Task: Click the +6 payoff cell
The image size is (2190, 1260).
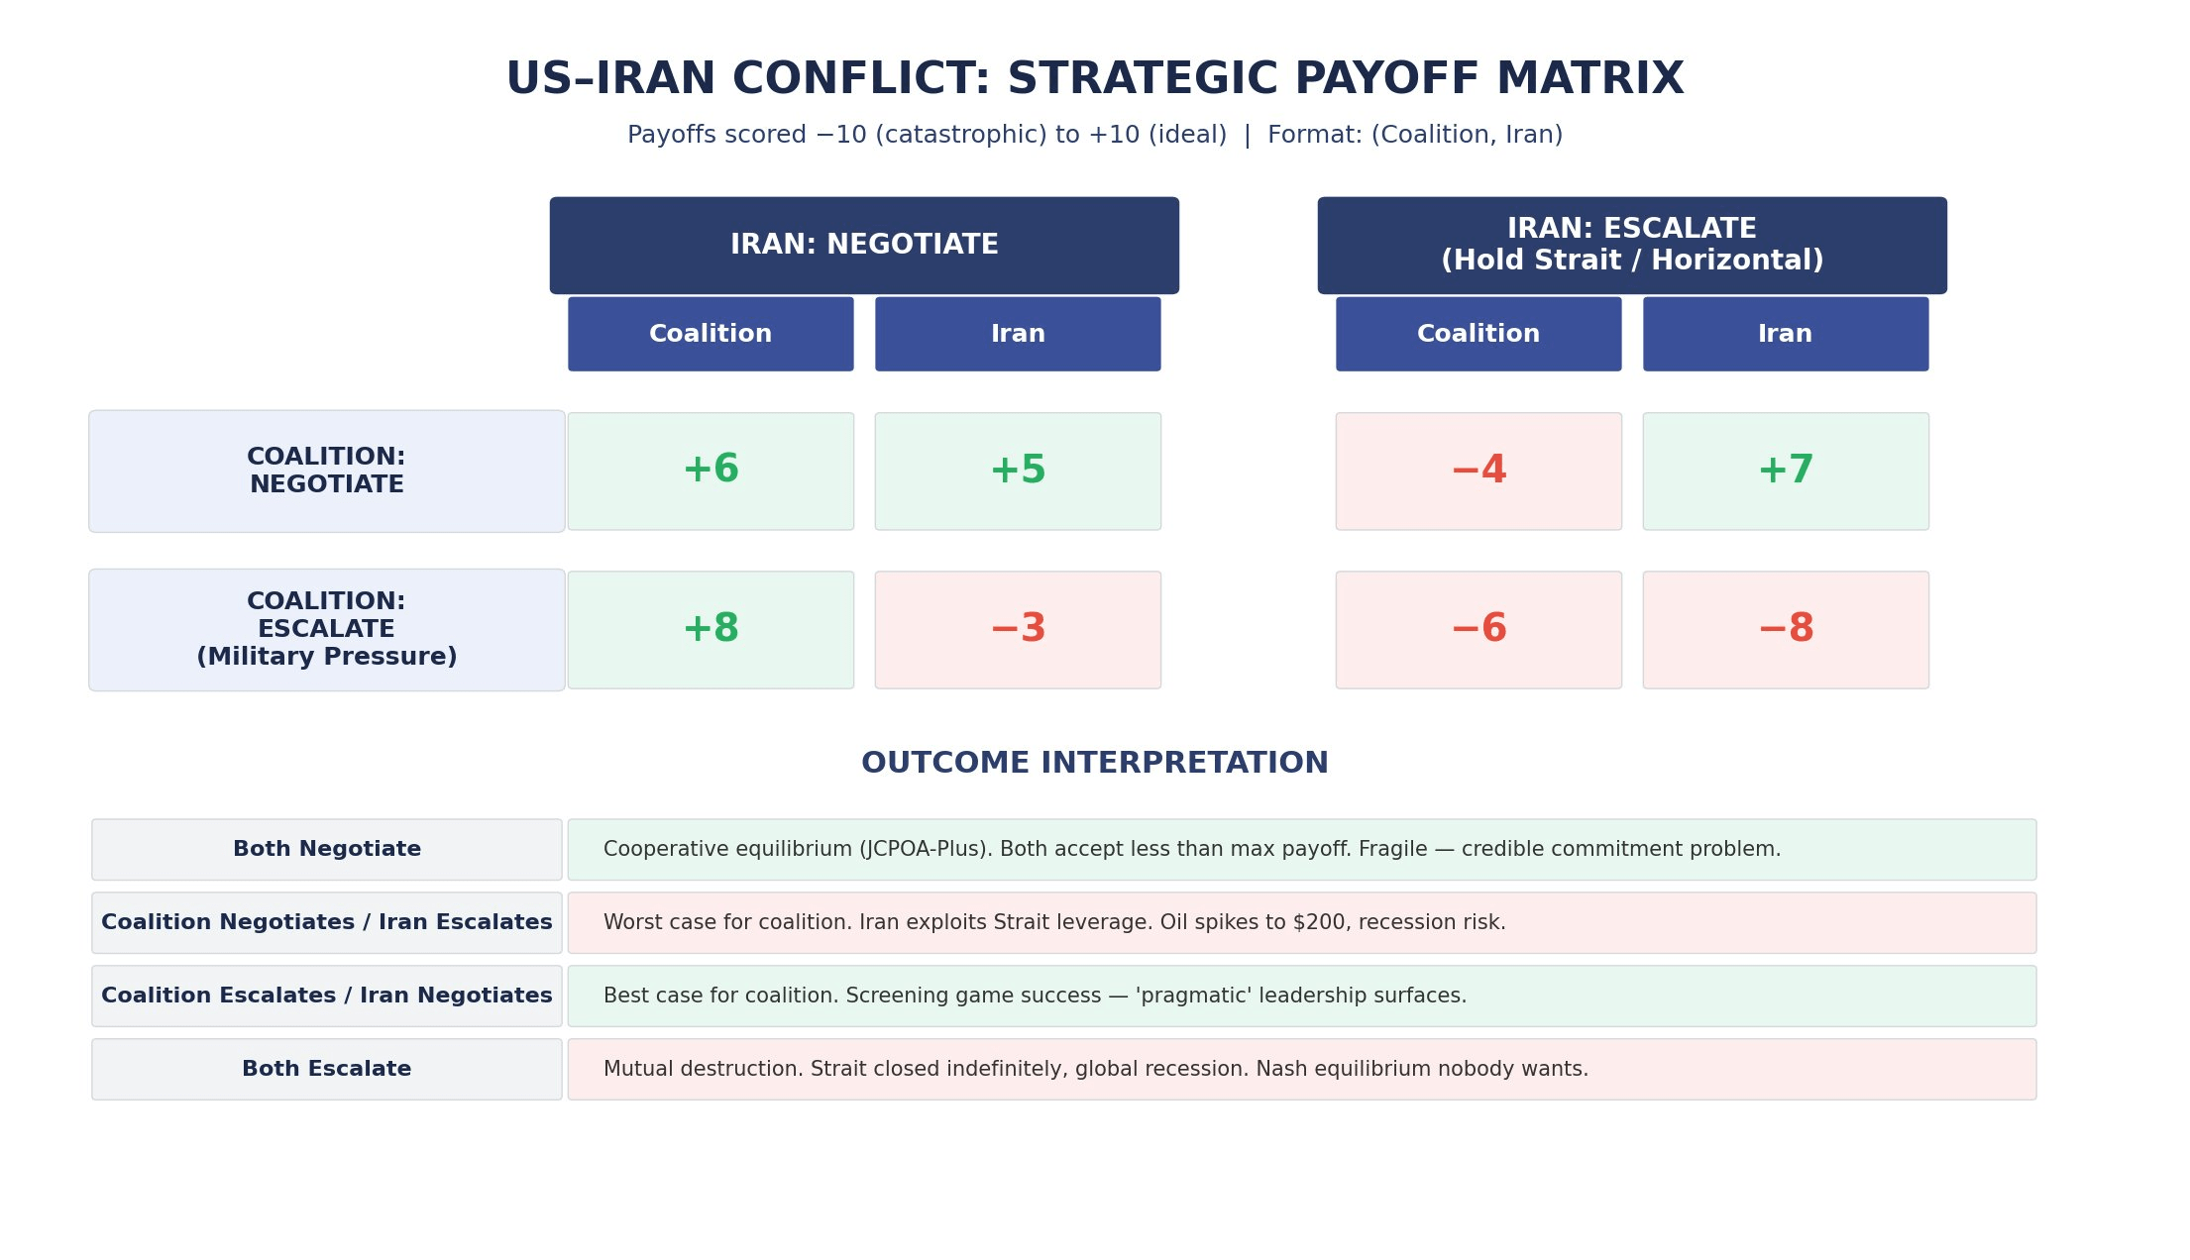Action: click(x=711, y=472)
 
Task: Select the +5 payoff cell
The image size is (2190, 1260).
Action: click(x=1018, y=472)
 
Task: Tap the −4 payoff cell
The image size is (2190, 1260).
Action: click(x=1478, y=472)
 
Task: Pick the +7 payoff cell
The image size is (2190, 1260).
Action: click(x=1786, y=472)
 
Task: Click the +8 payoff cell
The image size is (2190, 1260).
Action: click(x=711, y=630)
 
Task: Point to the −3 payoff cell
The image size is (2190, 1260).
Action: click(x=1018, y=630)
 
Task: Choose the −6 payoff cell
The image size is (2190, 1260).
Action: click(x=1478, y=630)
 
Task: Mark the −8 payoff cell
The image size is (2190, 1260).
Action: click(x=1786, y=630)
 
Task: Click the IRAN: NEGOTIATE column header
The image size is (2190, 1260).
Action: click(x=864, y=246)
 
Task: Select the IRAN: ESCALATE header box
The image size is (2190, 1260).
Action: click(x=1632, y=246)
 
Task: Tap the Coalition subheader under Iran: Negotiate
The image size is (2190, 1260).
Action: click(x=711, y=334)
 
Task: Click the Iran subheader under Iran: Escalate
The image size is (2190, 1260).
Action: click(x=1786, y=334)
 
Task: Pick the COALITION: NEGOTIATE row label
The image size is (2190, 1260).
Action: click(x=327, y=472)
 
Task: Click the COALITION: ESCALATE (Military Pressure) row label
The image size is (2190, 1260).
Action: click(x=327, y=630)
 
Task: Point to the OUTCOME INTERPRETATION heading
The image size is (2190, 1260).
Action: click(x=1095, y=764)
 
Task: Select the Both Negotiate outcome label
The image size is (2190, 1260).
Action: click(x=327, y=850)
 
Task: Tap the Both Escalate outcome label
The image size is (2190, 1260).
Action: click(x=327, y=1070)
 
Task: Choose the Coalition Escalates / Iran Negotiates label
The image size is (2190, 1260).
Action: click(x=327, y=997)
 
